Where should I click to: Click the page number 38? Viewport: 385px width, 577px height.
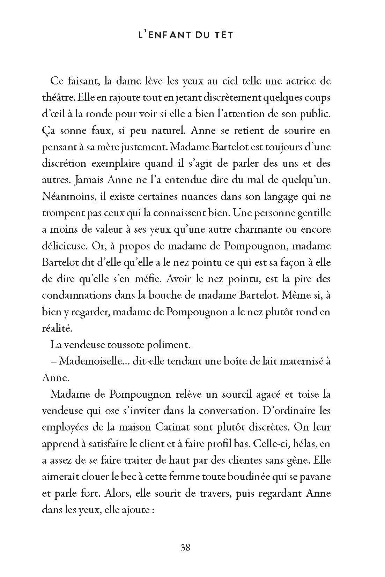click(185, 547)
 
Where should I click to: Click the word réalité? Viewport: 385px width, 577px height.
click(56, 328)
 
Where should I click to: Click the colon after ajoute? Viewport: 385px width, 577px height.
click(153, 510)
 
